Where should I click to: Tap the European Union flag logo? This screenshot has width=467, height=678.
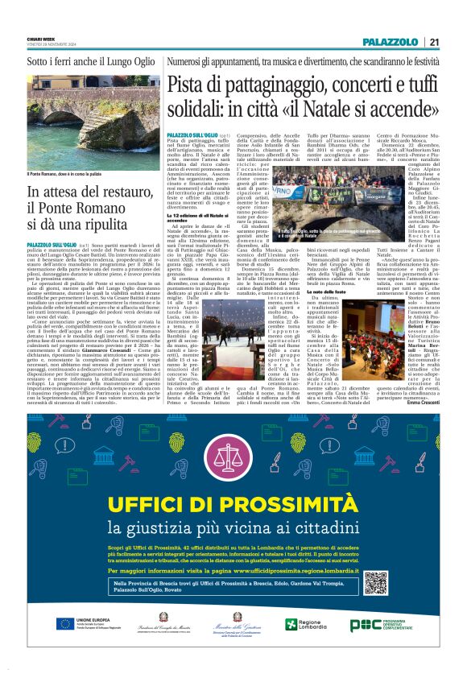click(x=64, y=624)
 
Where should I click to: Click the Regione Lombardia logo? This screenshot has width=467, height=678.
click(x=303, y=625)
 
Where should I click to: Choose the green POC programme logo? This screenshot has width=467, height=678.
click(x=363, y=626)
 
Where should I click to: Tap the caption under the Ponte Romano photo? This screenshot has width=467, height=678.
click(x=68, y=173)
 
